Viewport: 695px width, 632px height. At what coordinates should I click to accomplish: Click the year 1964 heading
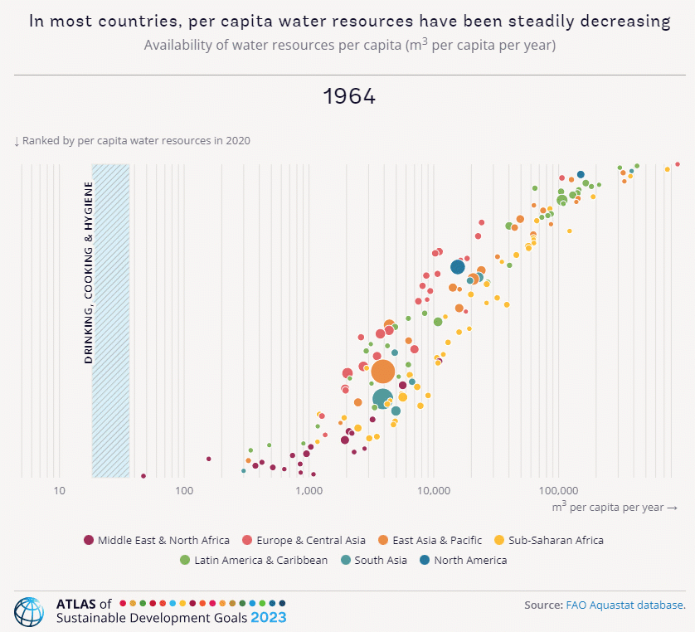pos(348,96)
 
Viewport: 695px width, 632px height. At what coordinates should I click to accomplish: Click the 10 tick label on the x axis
pos(59,491)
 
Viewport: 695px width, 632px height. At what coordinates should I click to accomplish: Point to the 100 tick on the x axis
pos(184,491)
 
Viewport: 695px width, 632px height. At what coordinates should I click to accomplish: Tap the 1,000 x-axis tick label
pos(309,491)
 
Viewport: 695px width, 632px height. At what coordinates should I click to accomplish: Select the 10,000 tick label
pos(433,491)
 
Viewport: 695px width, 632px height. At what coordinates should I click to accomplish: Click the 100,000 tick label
pos(557,491)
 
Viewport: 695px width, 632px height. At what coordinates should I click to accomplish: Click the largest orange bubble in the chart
pos(382,372)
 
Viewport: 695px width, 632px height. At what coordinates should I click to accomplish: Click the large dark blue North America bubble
pos(458,266)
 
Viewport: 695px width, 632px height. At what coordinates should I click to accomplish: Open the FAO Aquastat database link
pos(625,605)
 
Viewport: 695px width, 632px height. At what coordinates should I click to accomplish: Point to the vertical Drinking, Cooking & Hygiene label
pos(88,274)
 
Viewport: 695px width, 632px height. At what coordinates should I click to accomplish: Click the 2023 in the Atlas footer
pos(269,618)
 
